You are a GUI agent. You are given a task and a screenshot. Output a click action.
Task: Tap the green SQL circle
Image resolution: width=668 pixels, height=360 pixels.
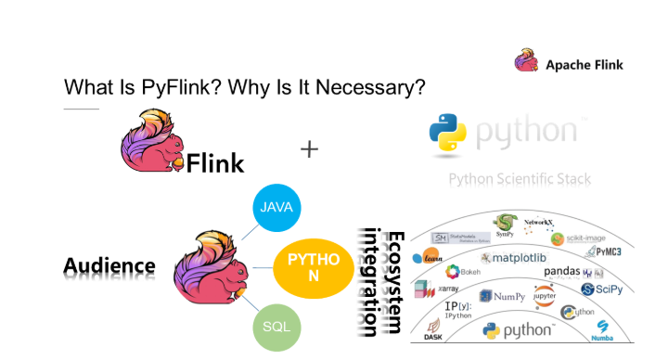(x=276, y=327)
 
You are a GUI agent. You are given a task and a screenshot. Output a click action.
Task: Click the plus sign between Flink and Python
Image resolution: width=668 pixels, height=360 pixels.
(x=309, y=148)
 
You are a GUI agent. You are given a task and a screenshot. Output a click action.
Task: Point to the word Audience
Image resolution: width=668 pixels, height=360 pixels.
(x=109, y=267)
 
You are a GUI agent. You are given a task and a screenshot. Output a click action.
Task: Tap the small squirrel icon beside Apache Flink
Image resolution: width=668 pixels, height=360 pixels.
(x=526, y=63)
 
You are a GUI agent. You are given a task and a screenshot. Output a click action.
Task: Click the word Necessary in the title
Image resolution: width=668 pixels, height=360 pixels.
(x=375, y=88)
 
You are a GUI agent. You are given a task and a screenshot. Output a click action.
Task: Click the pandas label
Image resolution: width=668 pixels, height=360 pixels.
(x=562, y=272)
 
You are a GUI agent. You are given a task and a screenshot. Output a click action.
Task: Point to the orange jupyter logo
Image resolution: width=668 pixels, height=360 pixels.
(x=545, y=296)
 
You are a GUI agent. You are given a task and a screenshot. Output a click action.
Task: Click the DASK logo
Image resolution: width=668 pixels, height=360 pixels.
(x=432, y=329)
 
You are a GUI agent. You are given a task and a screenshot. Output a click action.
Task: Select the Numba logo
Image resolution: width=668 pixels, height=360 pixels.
(x=604, y=329)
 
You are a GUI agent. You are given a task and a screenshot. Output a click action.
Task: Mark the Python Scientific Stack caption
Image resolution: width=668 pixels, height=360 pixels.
(x=520, y=179)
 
